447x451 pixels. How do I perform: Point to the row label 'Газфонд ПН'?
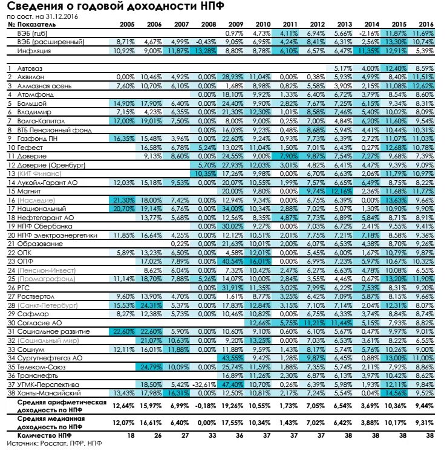coord(37,138)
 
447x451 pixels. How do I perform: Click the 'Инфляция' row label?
coord(34,51)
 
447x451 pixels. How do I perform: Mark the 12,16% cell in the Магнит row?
coord(342,191)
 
